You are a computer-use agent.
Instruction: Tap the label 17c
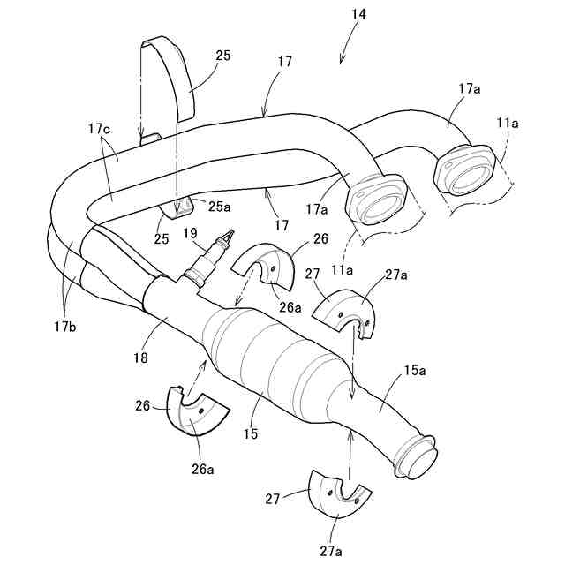pyautogui.click(x=99, y=129)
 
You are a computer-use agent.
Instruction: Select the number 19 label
pyautogui.click(x=189, y=235)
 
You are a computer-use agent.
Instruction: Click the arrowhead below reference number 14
pyautogui.click(x=343, y=59)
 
